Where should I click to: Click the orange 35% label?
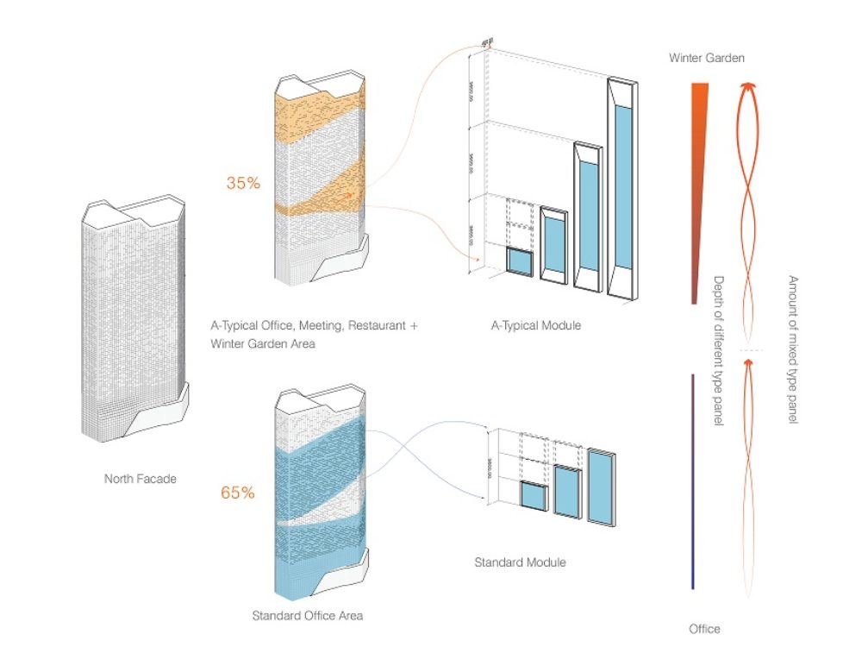coord(242,183)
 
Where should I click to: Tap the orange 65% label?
coord(237,493)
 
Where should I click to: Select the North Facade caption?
coord(140,478)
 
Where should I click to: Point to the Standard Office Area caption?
coord(307,616)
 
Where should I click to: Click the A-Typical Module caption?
coord(536,325)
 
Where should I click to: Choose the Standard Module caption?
coord(520,562)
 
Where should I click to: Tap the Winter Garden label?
coord(707,58)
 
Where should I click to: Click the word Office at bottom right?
coord(704,629)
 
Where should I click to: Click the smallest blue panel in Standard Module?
coord(533,497)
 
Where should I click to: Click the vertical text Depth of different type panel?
coord(718,350)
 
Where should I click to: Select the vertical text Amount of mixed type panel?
coord(792,349)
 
